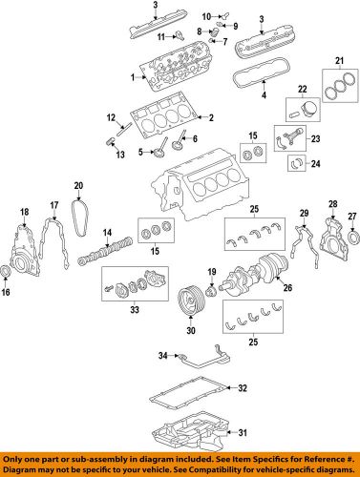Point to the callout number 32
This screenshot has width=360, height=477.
(x=243, y=387)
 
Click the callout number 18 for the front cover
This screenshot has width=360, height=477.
(x=25, y=211)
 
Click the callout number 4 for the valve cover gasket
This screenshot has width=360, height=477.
(x=264, y=95)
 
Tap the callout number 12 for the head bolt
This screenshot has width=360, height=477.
(x=110, y=116)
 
